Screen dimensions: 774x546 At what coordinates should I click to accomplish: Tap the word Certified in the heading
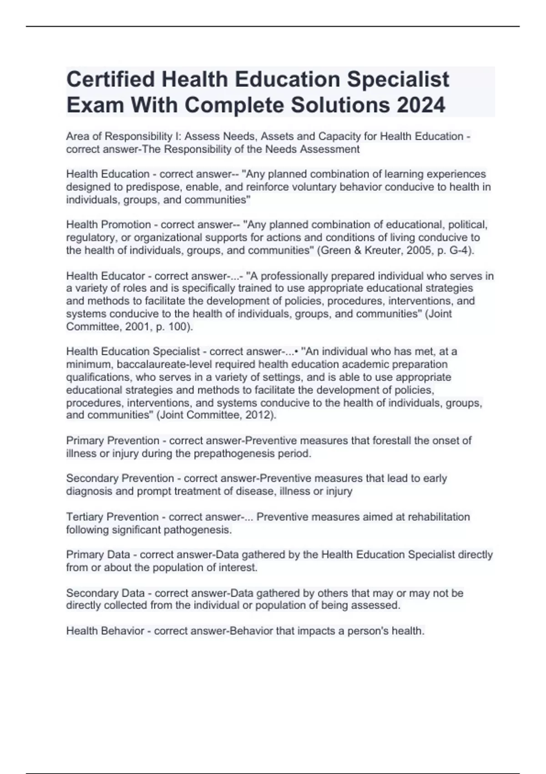(x=111, y=79)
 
